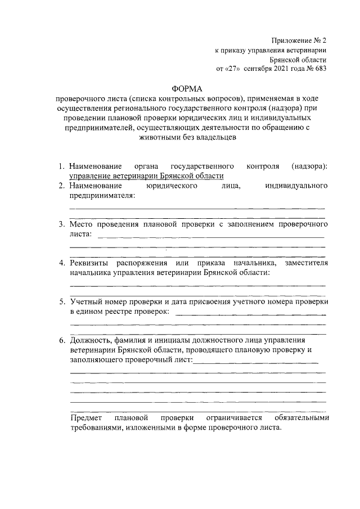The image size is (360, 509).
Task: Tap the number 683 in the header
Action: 319,69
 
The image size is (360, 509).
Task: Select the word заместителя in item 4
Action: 306,263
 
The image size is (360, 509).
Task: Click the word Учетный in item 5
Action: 85,302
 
